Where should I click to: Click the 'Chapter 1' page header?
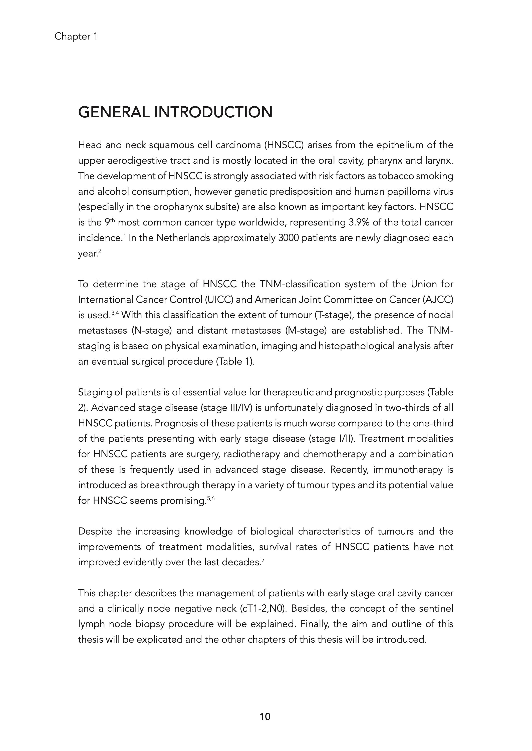coord(76,36)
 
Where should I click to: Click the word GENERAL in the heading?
coord(114,112)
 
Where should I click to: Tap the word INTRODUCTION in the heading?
coord(213,112)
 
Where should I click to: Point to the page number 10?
coord(265,717)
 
